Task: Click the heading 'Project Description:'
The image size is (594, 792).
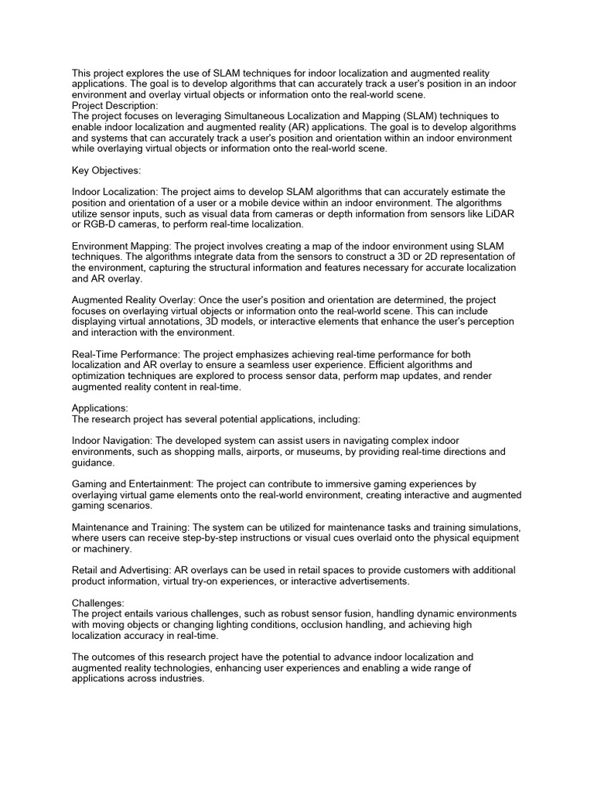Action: click(115, 105)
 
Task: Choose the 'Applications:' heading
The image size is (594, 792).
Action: click(101, 408)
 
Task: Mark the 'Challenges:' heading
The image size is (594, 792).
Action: click(98, 603)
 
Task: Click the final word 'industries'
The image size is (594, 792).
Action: click(180, 678)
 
